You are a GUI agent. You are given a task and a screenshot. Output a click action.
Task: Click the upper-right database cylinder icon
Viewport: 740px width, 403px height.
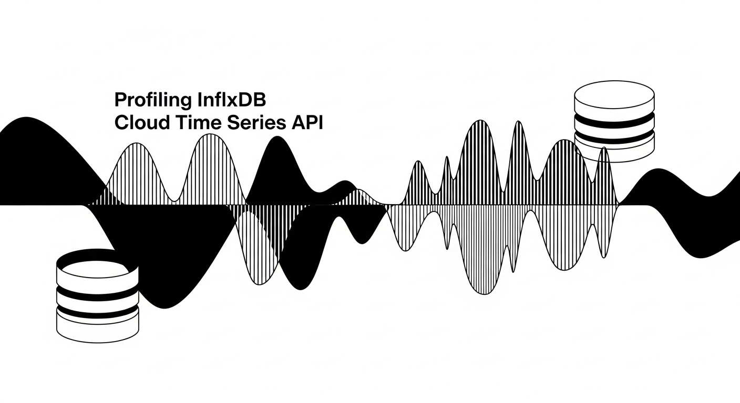(x=614, y=121)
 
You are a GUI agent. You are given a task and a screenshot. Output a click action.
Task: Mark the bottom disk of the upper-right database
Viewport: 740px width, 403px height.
(x=614, y=152)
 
